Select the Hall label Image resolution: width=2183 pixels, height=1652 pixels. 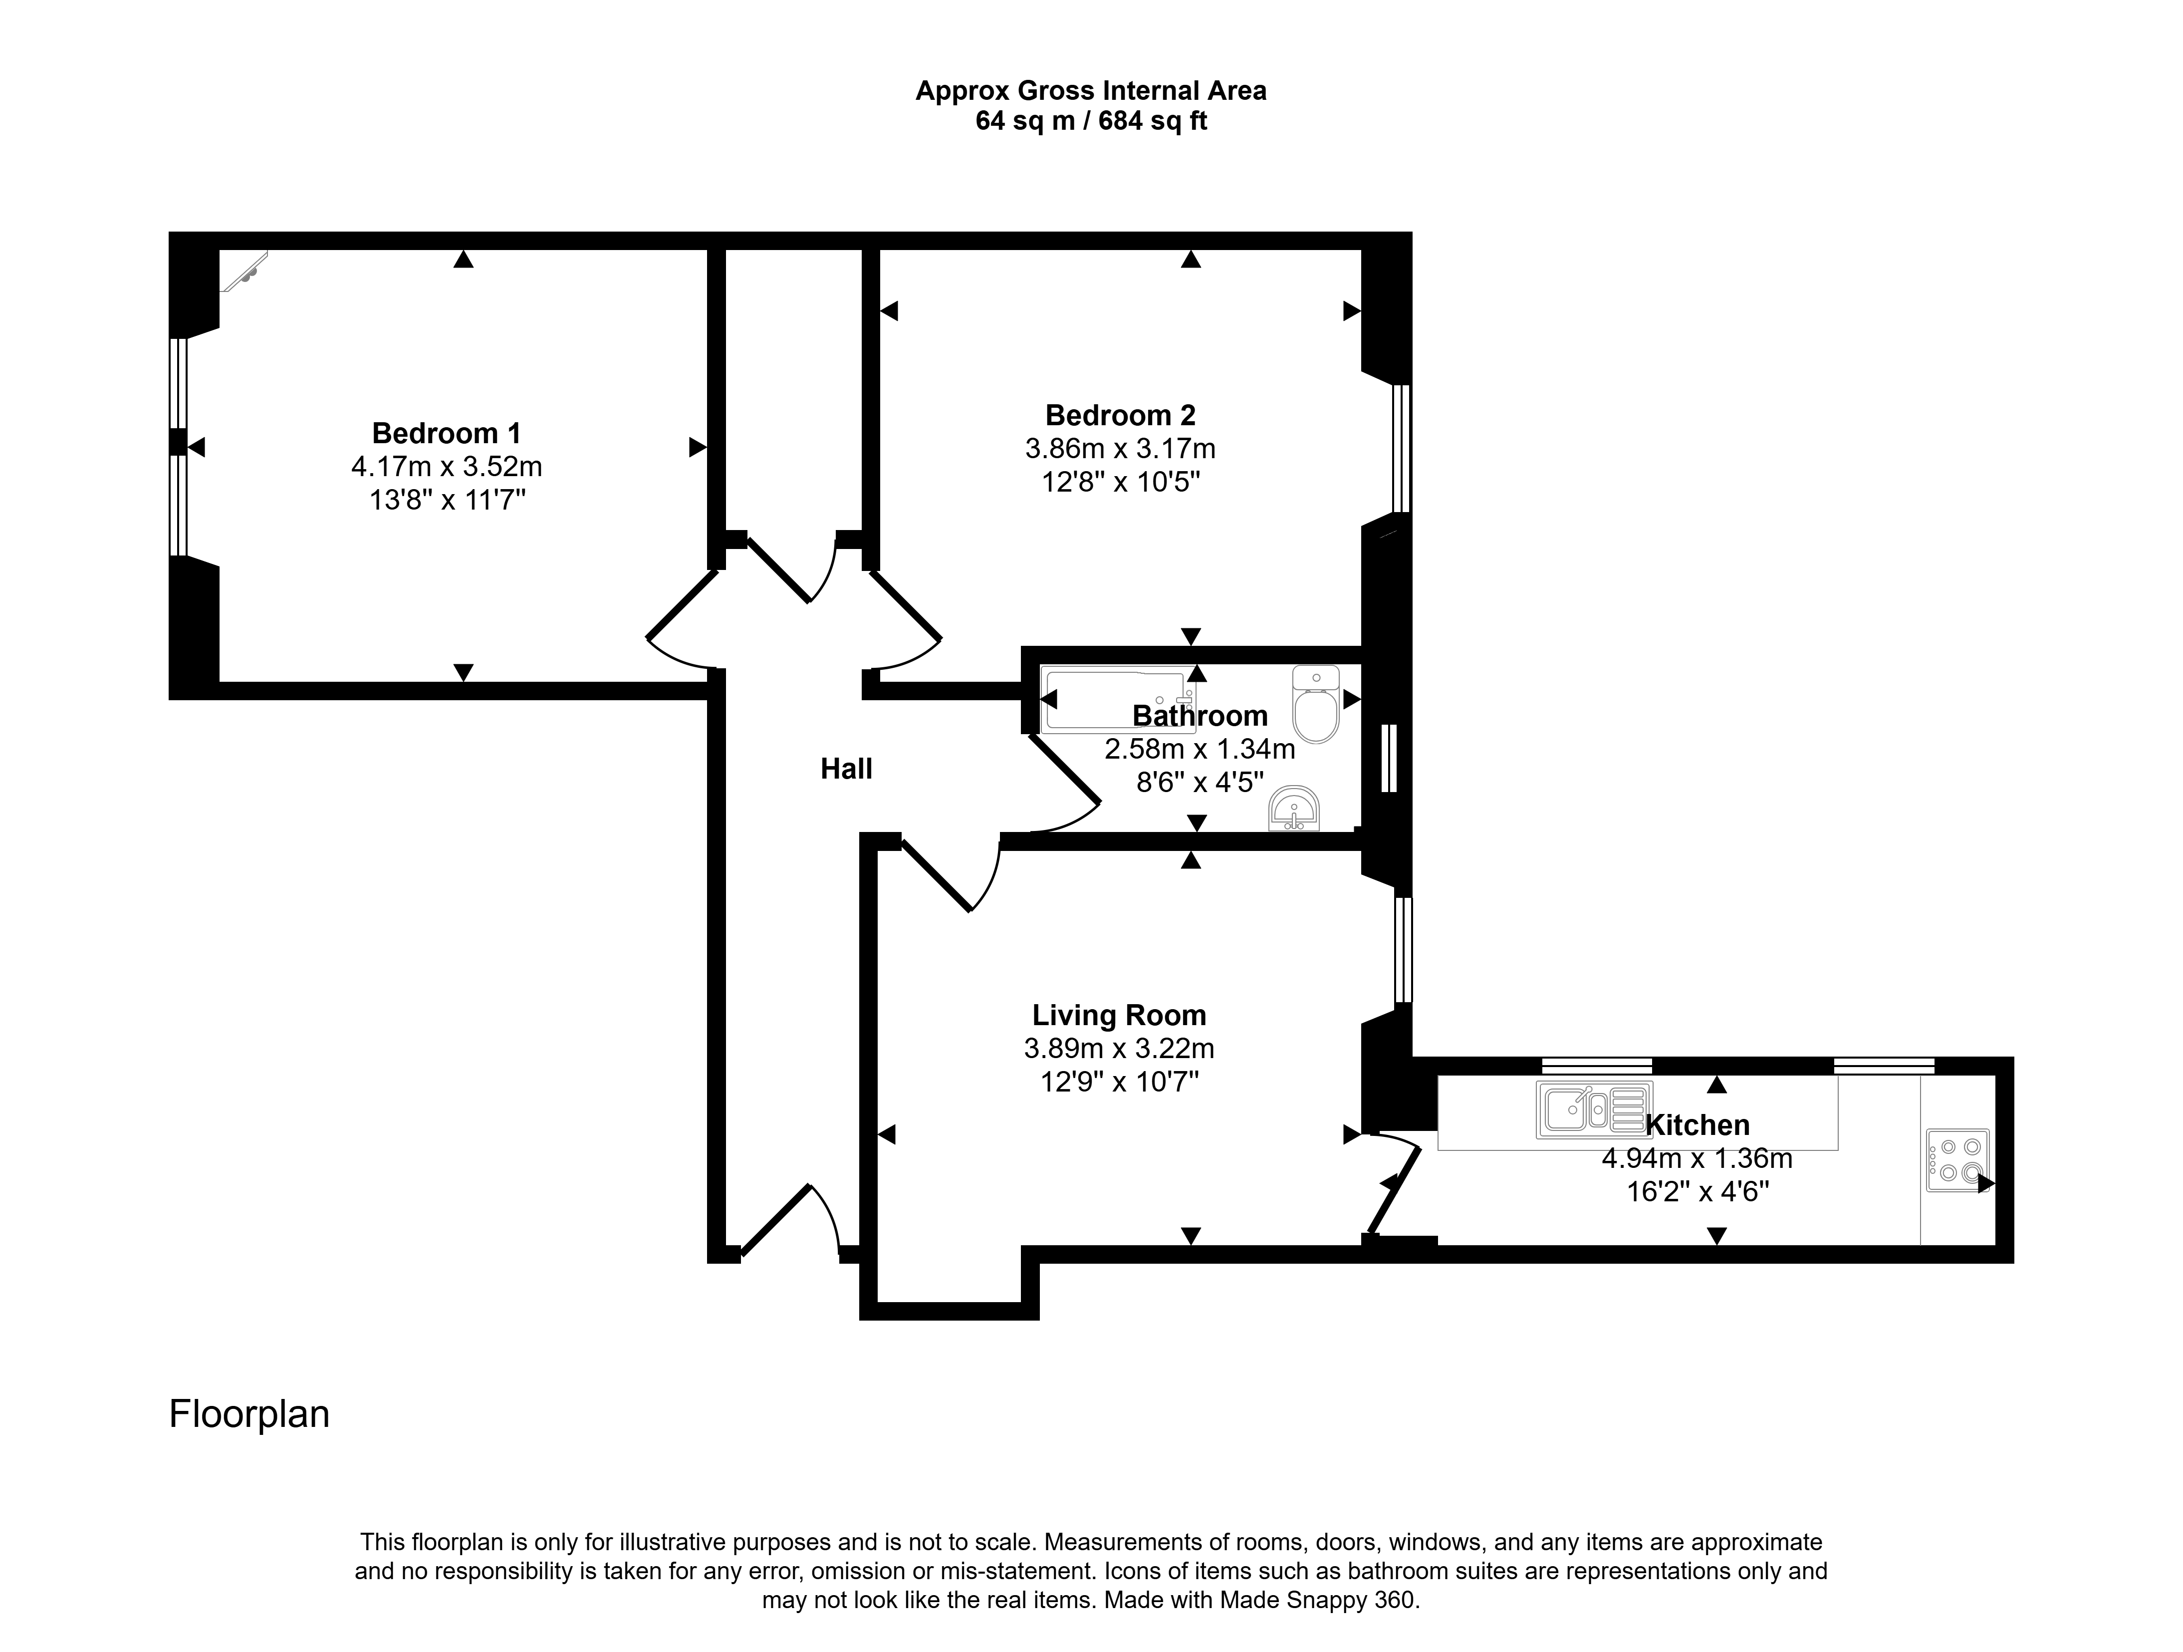(847, 769)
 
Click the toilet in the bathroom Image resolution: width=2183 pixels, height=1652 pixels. (1315, 704)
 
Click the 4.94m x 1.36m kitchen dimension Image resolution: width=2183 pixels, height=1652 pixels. (1697, 1158)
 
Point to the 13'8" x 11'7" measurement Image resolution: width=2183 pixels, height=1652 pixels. (447, 500)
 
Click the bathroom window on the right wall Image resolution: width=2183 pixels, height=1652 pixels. (1390, 758)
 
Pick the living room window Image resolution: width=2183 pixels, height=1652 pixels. (1403, 949)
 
